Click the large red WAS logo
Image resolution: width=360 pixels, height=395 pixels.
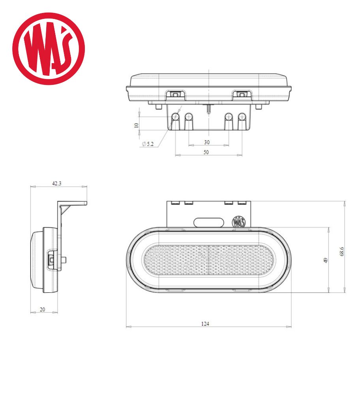[49, 49]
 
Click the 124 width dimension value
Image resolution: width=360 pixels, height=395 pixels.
[205, 324]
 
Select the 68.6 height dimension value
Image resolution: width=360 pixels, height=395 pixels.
[341, 251]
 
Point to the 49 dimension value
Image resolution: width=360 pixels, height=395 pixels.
[326, 260]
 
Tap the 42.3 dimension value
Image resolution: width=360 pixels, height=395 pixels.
[56, 183]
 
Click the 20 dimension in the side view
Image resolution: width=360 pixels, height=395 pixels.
[43, 309]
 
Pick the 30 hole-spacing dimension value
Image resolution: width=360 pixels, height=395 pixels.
[207, 142]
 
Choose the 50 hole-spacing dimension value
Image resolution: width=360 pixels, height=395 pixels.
[206, 152]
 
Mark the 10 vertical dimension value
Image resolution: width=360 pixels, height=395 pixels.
[137, 125]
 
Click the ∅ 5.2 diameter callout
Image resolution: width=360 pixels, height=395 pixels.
[148, 144]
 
